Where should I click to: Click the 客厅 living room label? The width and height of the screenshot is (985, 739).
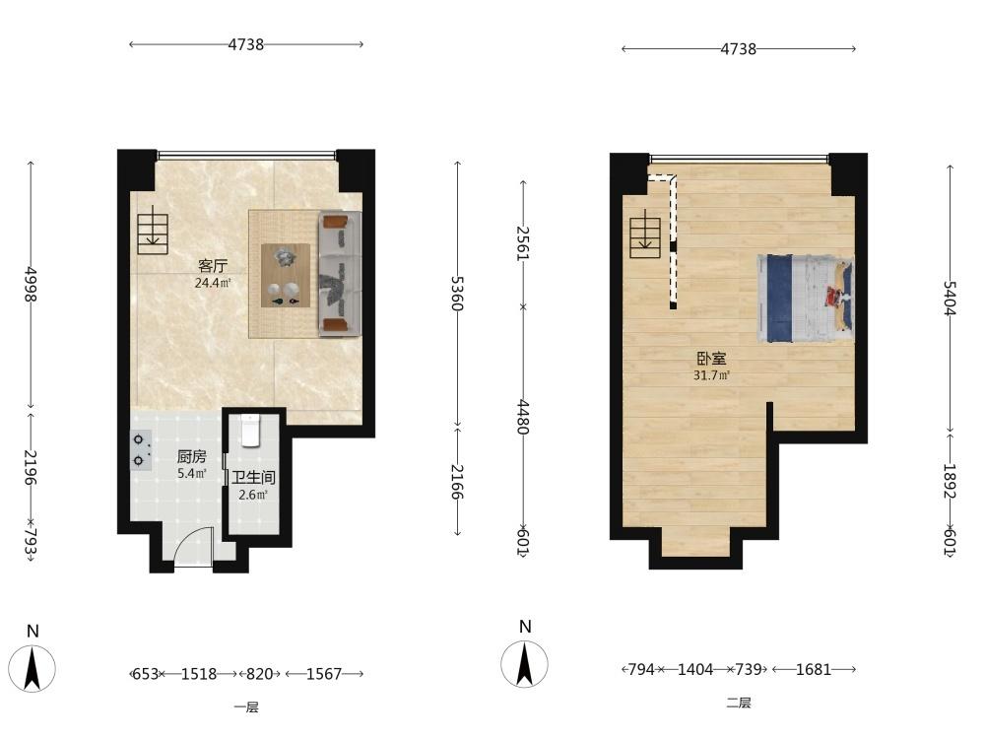click(x=213, y=266)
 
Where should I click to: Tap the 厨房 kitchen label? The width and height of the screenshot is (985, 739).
click(x=192, y=457)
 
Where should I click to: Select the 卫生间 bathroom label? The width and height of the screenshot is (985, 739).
click(x=253, y=478)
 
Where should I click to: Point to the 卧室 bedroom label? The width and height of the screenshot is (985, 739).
click(x=712, y=359)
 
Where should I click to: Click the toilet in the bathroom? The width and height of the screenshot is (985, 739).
click(x=250, y=431)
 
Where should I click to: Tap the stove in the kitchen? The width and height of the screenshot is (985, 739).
click(x=141, y=450)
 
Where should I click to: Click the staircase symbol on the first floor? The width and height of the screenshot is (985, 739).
click(x=153, y=234)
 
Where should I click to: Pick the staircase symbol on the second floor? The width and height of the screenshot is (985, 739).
click(x=645, y=238)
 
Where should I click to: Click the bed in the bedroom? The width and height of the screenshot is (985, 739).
click(x=806, y=299)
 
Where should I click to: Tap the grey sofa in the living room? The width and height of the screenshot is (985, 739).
click(x=340, y=273)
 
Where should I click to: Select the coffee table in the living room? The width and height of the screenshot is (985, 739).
click(x=286, y=275)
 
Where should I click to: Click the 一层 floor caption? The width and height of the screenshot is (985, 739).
click(x=246, y=707)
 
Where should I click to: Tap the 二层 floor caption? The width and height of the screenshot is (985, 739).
click(x=739, y=704)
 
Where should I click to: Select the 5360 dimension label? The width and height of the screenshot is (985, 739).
click(x=457, y=294)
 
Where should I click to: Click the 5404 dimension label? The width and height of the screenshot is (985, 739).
click(x=950, y=298)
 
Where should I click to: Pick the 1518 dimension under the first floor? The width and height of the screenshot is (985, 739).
click(x=199, y=674)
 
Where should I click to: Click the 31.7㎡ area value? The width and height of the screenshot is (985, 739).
click(x=712, y=375)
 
